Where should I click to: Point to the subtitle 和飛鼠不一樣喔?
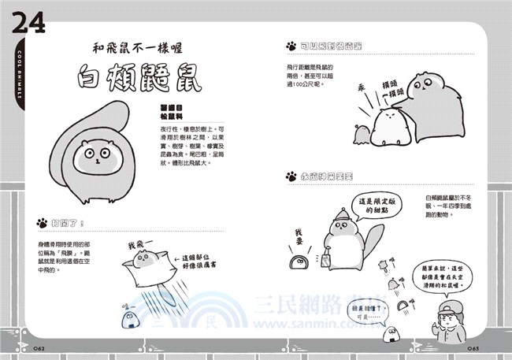pos(139,46)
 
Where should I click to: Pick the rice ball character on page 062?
pos(130,317)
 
